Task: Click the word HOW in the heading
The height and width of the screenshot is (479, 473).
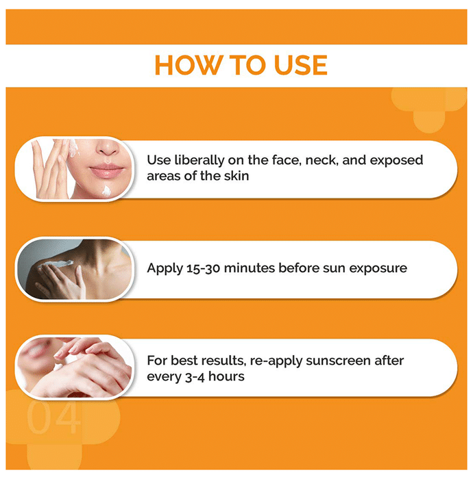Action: click(188, 65)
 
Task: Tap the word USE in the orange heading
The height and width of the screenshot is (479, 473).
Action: click(301, 65)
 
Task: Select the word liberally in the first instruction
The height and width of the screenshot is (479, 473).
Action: click(199, 160)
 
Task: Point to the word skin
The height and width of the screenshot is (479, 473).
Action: click(236, 176)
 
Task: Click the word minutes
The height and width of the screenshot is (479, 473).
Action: click(249, 268)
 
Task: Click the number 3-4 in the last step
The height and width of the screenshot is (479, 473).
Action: click(195, 377)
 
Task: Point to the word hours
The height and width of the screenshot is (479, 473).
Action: click(226, 376)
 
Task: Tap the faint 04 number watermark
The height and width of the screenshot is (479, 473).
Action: click(53, 417)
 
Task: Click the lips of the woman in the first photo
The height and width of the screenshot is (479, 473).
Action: click(106, 171)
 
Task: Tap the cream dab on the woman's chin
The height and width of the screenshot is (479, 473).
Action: click(106, 191)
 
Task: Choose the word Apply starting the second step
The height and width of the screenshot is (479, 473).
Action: click(165, 268)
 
